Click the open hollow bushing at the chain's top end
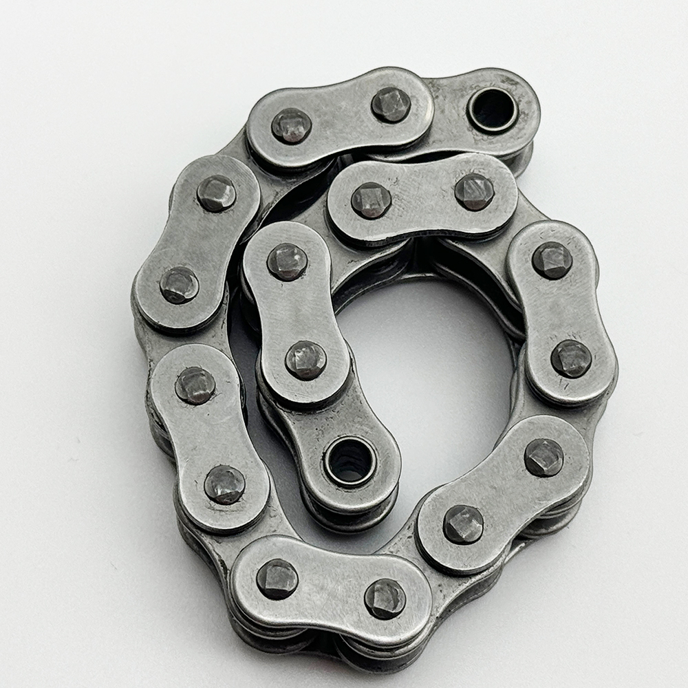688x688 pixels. (x=493, y=109)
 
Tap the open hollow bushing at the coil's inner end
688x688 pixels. (x=350, y=460)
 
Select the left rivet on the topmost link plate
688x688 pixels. (x=291, y=126)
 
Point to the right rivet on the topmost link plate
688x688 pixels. (x=391, y=105)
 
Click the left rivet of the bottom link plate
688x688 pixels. (x=277, y=579)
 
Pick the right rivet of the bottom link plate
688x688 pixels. (x=385, y=598)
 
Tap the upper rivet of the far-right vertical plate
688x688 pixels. (x=552, y=260)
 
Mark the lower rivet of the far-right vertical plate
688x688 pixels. (x=571, y=358)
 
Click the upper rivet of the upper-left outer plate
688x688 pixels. (x=216, y=193)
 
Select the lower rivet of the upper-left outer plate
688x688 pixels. (x=180, y=285)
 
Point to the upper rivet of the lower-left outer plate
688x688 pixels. (x=195, y=385)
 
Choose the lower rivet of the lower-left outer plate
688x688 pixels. (x=224, y=484)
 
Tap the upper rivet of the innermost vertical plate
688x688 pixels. (x=287, y=261)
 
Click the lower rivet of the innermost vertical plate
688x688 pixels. (x=306, y=360)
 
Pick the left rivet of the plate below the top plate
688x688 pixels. (x=372, y=200)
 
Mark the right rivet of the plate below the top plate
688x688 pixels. (x=474, y=192)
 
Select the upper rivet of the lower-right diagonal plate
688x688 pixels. (x=544, y=458)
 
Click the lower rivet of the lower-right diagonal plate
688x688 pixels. (x=463, y=524)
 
